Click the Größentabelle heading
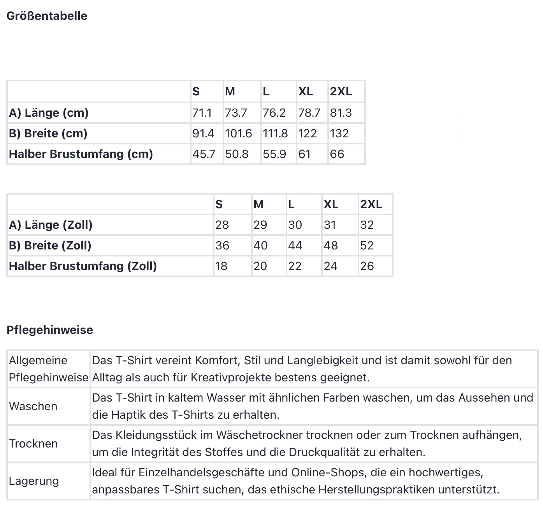(47, 16)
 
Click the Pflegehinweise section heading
(50, 330)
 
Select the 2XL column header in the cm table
(341, 91)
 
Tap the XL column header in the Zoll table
(331, 204)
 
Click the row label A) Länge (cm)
(49, 113)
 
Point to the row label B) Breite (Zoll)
(50, 246)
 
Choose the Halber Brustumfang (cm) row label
(81, 154)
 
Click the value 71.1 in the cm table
(202, 113)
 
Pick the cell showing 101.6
(238, 133)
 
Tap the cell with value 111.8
(275, 133)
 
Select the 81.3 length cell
(341, 113)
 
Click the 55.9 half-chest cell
(274, 154)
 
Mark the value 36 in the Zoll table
(222, 246)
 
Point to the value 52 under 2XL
(367, 246)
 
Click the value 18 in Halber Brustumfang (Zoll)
(221, 266)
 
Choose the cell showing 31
(330, 225)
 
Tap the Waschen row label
(33, 406)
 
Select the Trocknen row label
(33, 444)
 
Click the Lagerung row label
(34, 481)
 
